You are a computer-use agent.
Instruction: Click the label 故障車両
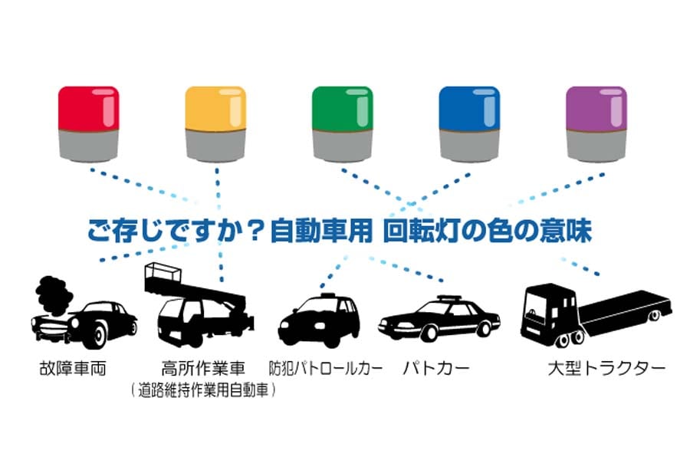pos(74,368)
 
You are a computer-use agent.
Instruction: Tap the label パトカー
pos(437,368)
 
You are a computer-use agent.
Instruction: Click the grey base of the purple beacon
pos(596,144)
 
